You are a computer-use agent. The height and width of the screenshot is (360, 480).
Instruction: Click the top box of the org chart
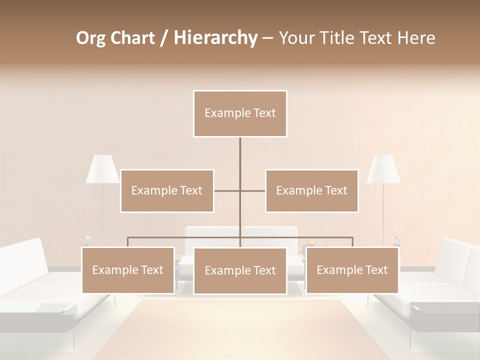click(x=240, y=113)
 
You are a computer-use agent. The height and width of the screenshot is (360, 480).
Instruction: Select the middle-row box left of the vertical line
click(x=167, y=190)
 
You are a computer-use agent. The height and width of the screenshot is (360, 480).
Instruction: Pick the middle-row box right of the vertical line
click(x=312, y=190)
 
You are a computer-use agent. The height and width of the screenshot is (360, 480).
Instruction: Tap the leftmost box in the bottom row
click(x=128, y=270)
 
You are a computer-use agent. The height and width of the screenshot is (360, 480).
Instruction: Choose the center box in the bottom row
click(x=240, y=270)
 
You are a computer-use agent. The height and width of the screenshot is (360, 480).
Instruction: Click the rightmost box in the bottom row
click(x=352, y=270)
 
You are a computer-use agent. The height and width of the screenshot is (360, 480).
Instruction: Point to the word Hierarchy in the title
click(x=215, y=38)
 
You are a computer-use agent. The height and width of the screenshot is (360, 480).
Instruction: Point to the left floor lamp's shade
click(x=102, y=169)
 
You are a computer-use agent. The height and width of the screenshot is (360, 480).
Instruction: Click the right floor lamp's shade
click(x=383, y=169)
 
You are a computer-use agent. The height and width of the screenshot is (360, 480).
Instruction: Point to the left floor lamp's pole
click(x=103, y=210)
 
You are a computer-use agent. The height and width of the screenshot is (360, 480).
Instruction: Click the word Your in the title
click(x=293, y=38)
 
